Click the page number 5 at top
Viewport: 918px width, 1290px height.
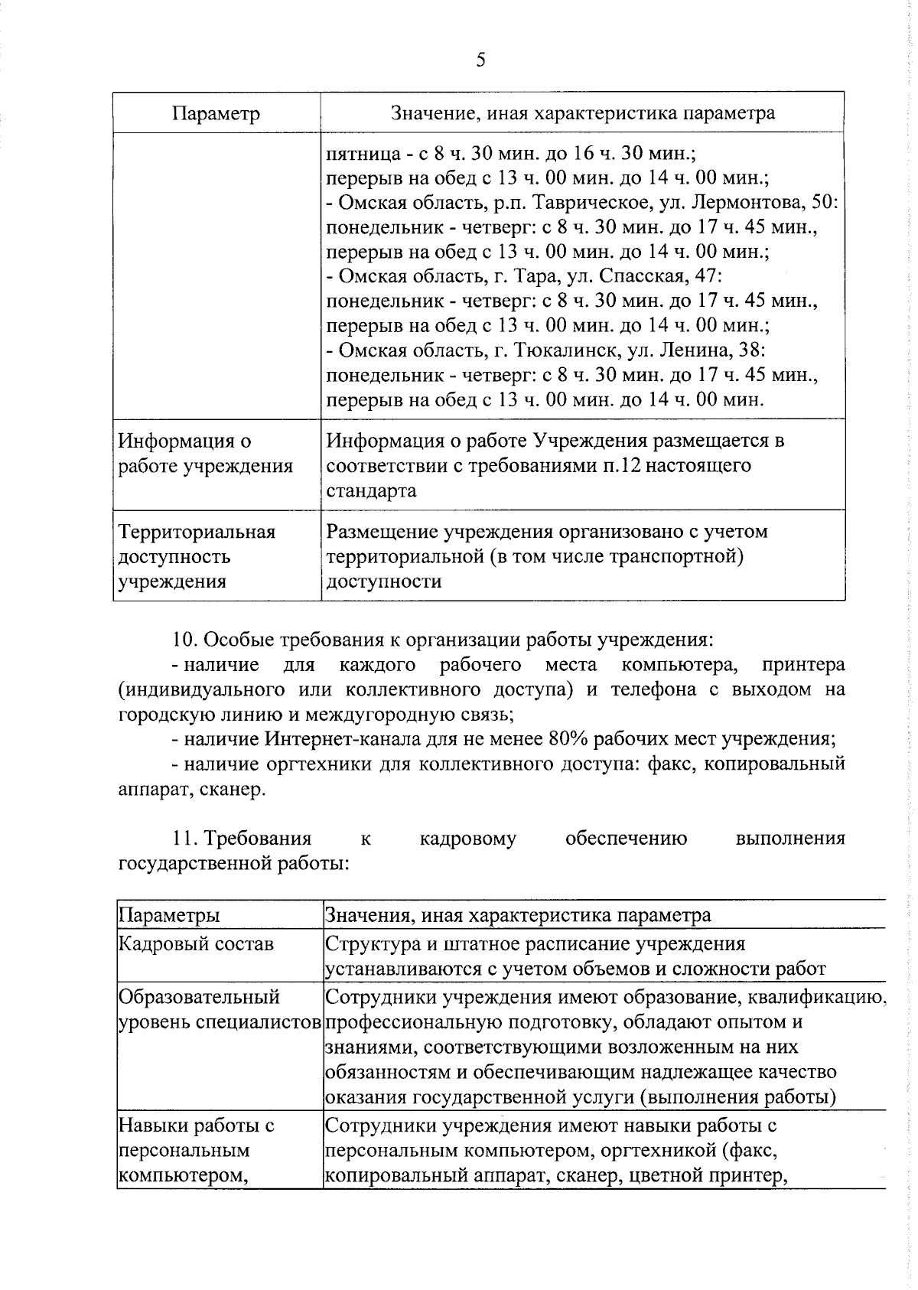(x=480, y=60)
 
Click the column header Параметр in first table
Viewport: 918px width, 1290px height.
(x=216, y=114)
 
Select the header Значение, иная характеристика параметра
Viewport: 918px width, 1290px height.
(x=583, y=113)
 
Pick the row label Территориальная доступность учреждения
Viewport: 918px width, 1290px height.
(x=197, y=556)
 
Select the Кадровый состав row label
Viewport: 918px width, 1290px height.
(x=196, y=944)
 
